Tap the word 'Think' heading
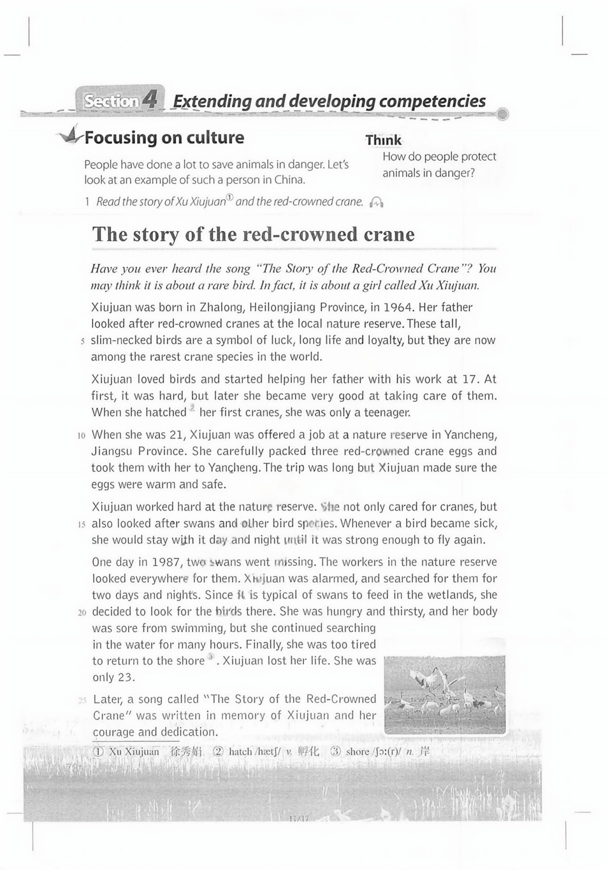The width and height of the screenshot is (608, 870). click(x=383, y=140)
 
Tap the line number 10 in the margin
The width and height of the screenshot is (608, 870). click(x=81, y=436)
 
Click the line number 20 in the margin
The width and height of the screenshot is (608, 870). click(x=82, y=612)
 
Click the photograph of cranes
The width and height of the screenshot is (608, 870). click(x=444, y=695)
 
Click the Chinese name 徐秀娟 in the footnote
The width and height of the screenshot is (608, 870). click(x=186, y=751)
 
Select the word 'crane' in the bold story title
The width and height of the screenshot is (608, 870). click(x=389, y=234)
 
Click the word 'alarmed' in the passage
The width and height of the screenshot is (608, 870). click(x=331, y=579)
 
